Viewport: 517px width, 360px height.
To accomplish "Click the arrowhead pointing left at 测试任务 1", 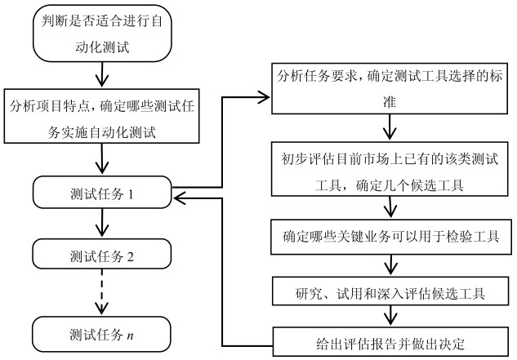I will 177,196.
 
